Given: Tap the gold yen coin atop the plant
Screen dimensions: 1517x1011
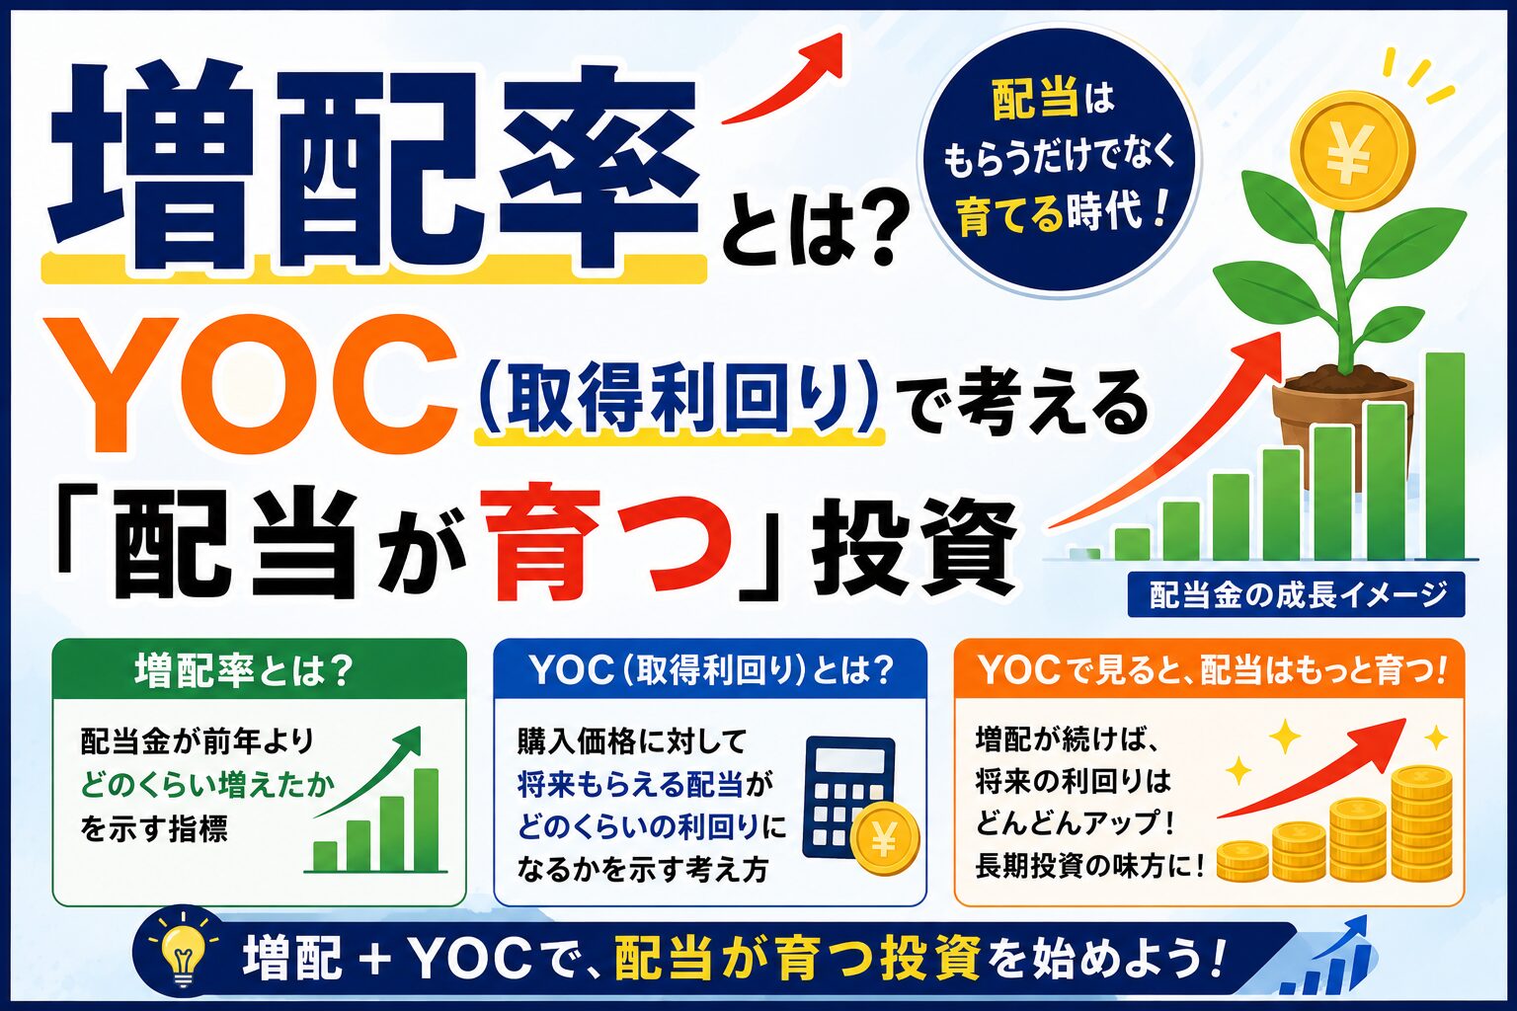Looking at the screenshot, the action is (x=1348, y=155).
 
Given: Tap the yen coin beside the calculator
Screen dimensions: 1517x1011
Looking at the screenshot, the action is (x=885, y=839).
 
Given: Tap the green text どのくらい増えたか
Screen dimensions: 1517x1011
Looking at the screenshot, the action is (x=208, y=786).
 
